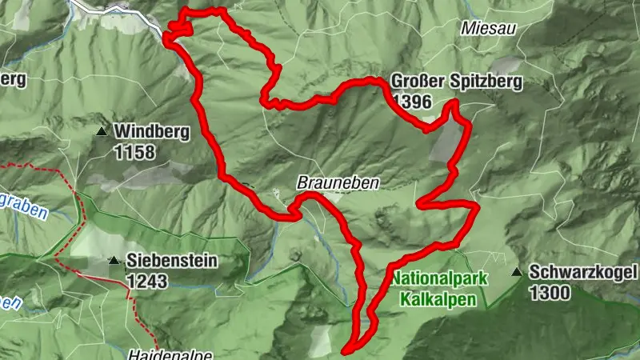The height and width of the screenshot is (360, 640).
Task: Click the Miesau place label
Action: (487, 28)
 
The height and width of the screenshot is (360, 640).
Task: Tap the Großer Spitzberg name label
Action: (456, 82)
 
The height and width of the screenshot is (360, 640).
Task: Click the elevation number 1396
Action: (412, 102)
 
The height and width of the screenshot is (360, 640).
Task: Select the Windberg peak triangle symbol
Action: (102, 131)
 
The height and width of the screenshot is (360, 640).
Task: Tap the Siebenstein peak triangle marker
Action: (114, 260)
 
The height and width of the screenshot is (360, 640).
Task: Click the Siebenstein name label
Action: (171, 261)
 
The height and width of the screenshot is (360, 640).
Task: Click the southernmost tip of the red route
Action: (346, 350)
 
